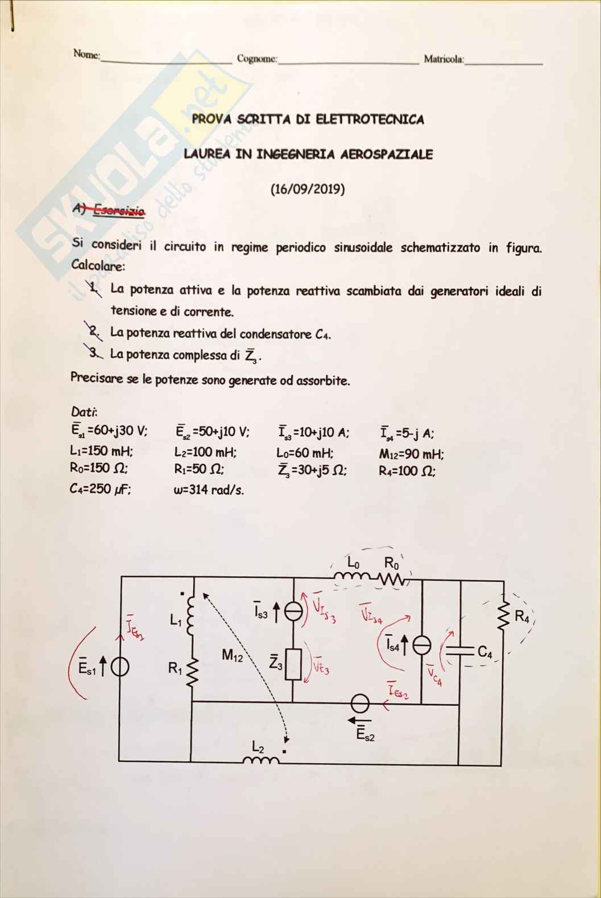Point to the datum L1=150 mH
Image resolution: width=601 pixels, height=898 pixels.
[x=102, y=451]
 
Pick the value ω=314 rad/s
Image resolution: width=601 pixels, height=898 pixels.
[x=209, y=490]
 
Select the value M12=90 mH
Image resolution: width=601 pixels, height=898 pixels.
[x=411, y=454]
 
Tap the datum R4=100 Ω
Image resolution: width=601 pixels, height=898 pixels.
[x=407, y=471]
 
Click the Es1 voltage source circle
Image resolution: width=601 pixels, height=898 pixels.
[x=120, y=668]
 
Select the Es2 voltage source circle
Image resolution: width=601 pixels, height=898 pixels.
[x=359, y=704]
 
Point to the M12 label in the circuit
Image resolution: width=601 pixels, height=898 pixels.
[x=233, y=656]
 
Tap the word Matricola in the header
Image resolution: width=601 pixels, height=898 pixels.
[x=444, y=59]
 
